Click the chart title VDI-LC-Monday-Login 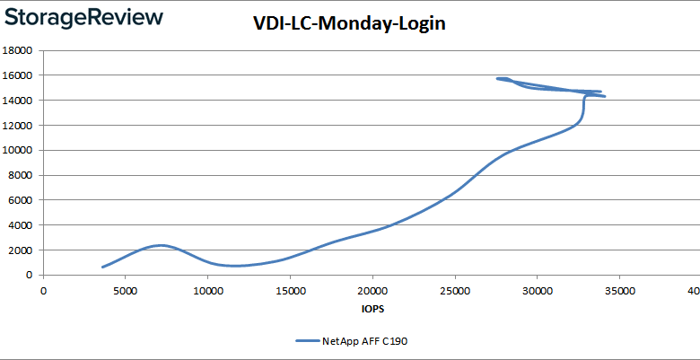pos(349,25)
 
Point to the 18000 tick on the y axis pos(19,51)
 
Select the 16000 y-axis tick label pos(19,76)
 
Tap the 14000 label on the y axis pos(19,101)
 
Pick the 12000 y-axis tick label pos(19,126)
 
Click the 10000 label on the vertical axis pos(19,151)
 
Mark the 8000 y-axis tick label pos(22,176)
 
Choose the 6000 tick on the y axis pos(22,200)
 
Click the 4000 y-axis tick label pos(22,225)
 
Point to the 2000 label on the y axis pos(22,250)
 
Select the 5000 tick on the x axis pos(125,290)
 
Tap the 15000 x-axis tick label pos(290,290)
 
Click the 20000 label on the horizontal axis pos(372,290)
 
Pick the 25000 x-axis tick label pos(455,290)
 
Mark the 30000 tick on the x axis pos(538,290)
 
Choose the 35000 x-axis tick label pos(620,290)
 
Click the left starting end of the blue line pos(103,267)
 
